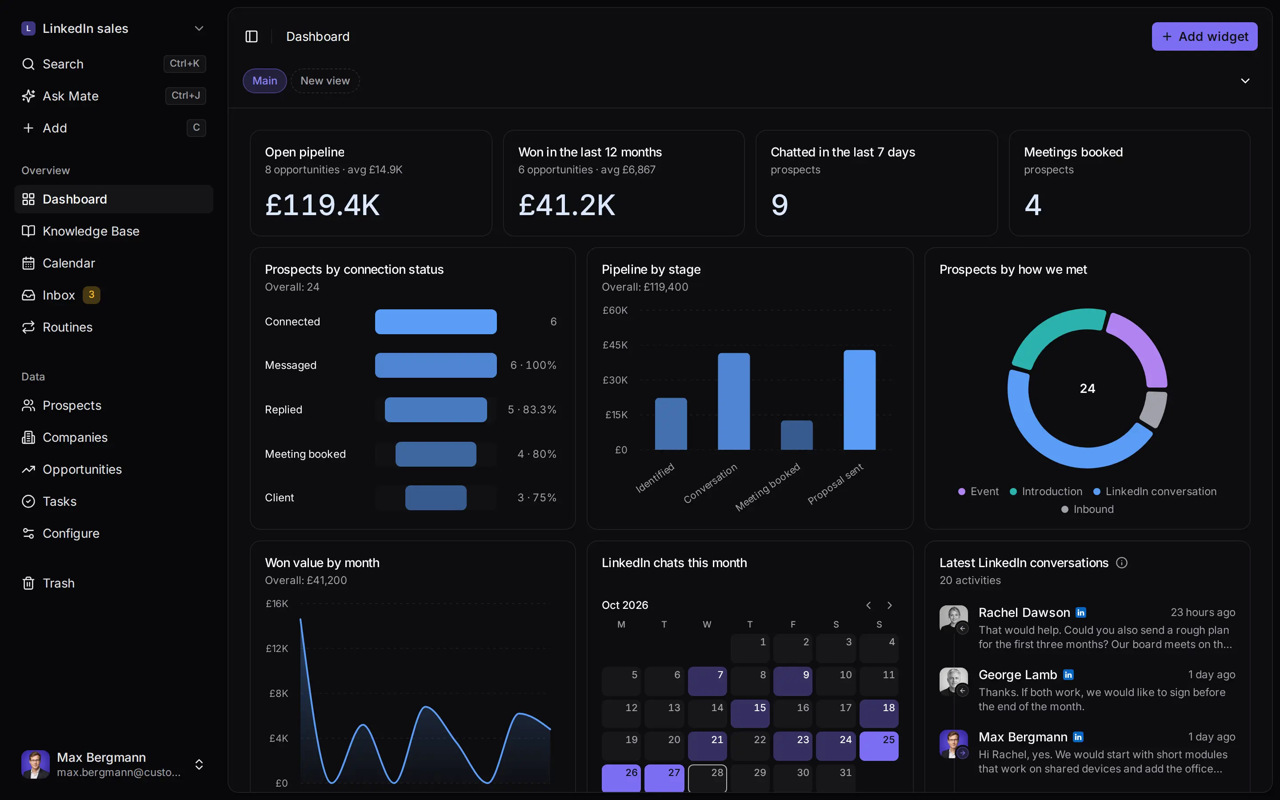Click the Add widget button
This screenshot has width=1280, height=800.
click(x=1204, y=36)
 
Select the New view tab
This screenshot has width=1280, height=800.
click(x=325, y=81)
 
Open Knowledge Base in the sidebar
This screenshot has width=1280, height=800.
click(x=91, y=231)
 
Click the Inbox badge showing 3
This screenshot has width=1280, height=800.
click(x=92, y=295)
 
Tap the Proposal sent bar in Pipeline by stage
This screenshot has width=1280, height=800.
click(x=860, y=400)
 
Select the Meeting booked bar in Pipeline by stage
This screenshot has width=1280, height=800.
click(x=796, y=435)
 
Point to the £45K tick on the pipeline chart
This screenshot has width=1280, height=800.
click(x=615, y=345)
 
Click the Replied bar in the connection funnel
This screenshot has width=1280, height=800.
click(x=436, y=409)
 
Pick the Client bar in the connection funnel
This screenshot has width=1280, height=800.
click(x=436, y=498)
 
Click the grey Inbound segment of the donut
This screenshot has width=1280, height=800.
click(x=1155, y=409)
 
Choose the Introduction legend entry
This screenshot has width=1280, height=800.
click(x=1046, y=492)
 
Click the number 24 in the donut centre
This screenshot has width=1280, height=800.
click(x=1088, y=389)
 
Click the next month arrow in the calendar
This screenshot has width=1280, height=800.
click(x=890, y=605)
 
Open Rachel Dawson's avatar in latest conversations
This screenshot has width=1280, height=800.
click(x=953, y=618)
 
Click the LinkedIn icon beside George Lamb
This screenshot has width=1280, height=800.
click(x=1068, y=675)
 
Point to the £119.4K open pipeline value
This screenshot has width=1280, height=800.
click(x=322, y=205)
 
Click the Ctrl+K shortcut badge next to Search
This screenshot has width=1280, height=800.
click(x=184, y=64)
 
